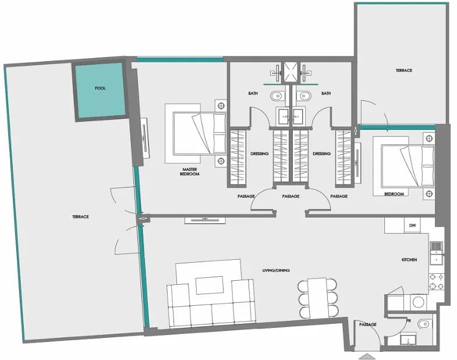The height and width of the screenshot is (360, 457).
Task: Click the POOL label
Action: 100,88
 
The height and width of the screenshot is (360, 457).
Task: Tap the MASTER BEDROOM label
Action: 189,171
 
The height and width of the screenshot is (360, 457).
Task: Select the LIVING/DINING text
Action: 276,270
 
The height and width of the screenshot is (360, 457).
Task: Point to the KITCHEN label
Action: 409,260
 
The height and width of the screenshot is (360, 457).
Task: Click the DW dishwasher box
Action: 412,225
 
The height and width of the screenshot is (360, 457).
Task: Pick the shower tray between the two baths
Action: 291,72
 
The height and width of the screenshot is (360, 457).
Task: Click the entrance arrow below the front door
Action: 367,356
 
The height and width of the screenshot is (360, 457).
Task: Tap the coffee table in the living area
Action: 210,285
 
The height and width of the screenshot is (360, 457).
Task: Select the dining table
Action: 318,298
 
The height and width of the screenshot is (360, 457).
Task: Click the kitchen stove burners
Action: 436,281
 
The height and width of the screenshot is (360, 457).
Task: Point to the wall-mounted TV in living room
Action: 205,220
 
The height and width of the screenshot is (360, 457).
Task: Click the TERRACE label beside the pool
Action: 80,217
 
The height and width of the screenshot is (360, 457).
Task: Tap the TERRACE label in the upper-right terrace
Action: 404,70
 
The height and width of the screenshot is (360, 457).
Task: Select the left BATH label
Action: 253,93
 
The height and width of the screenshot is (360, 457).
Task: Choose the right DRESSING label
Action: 322,154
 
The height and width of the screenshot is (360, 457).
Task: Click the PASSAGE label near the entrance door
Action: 367,324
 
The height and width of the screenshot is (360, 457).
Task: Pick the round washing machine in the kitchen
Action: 418,302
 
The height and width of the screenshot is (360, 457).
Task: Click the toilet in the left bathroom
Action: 277,96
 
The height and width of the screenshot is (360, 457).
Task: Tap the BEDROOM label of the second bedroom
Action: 394,194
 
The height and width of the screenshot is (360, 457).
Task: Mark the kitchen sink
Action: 436,253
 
